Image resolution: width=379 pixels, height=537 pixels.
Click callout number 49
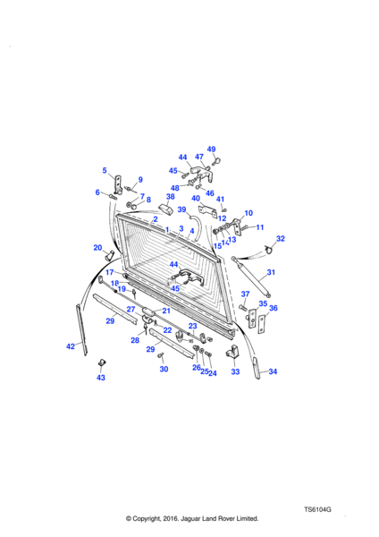[x=211, y=149]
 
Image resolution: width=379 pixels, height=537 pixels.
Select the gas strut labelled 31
[x=251, y=277]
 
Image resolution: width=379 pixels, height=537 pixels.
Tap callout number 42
[x=71, y=346]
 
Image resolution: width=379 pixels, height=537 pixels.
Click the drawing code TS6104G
[x=317, y=509]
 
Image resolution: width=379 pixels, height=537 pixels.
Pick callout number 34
[x=273, y=371]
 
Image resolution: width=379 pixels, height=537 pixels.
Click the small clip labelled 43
[x=101, y=362]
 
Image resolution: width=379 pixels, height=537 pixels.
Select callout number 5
[x=105, y=170]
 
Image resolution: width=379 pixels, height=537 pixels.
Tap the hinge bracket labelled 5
[x=117, y=185]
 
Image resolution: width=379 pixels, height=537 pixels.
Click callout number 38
[x=171, y=196]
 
